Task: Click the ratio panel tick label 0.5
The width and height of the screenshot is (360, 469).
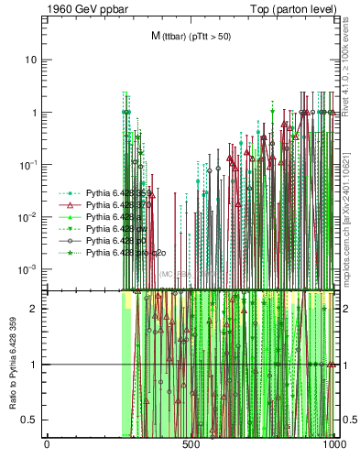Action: click(x=31, y=420)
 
